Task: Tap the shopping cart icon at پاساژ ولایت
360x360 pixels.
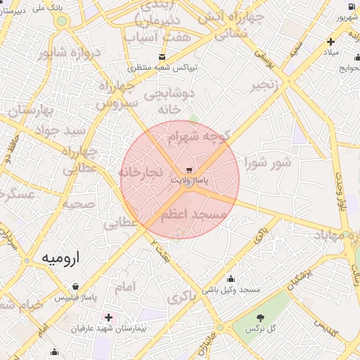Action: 190,171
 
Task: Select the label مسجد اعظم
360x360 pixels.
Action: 194,214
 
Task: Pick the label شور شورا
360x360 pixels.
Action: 267,163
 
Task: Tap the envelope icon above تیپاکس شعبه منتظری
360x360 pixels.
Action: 162,57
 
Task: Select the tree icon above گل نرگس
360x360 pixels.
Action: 261,318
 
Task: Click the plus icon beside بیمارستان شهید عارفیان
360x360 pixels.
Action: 108,317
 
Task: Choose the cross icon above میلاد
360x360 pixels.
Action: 330,41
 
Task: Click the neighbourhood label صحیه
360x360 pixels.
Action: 79,204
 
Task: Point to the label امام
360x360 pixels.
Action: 124,286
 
